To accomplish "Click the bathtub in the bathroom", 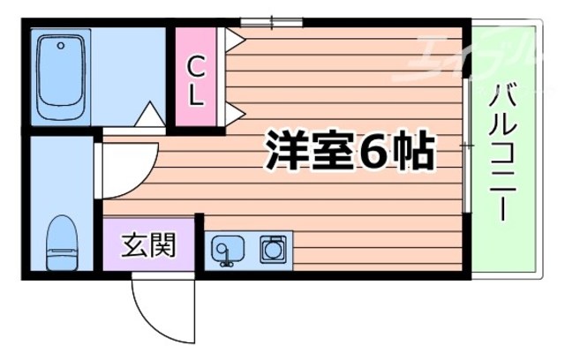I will click(x=59, y=77).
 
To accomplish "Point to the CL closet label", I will click(x=197, y=79).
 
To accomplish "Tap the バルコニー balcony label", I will click(x=506, y=150).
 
